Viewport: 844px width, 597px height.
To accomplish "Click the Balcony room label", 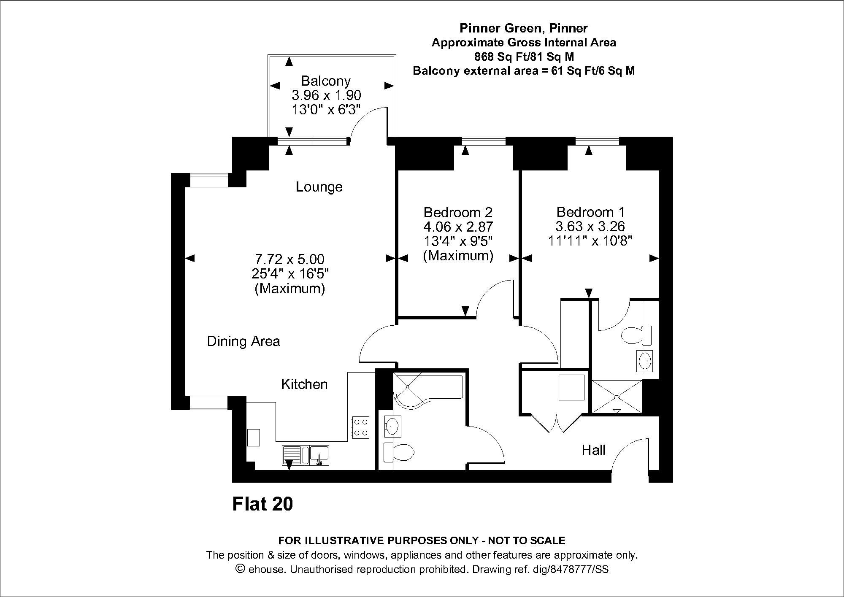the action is pyautogui.click(x=325, y=81).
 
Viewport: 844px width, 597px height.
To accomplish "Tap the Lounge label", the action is pyautogui.click(x=319, y=187).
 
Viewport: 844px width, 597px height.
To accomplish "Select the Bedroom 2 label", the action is pyautogui.click(x=458, y=212).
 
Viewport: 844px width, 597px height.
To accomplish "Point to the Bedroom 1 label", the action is pyautogui.click(x=590, y=212).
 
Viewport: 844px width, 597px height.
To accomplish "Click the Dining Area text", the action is pyautogui.click(x=243, y=341).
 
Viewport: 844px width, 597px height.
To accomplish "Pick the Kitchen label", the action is pyautogui.click(x=304, y=384).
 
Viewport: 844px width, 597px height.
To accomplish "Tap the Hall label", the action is pyautogui.click(x=593, y=450).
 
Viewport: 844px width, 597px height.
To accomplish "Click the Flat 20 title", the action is pyautogui.click(x=262, y=504).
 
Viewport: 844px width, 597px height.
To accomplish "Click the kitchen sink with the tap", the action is pyautogui.click(x=320, y=456).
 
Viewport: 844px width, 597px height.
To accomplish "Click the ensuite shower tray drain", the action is pyautogui.click(x=617, y=397).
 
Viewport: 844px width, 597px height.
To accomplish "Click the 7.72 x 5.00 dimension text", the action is pyautogui.click(x=289, y=259).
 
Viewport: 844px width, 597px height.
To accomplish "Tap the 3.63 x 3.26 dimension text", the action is pyautogui.click(x=590, y=227).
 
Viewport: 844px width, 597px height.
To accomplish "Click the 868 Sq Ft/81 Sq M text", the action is pyautogui.click(x=524, y=57).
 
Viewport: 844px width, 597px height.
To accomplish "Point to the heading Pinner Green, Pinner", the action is pyautogui.click(x=524, y=28).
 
